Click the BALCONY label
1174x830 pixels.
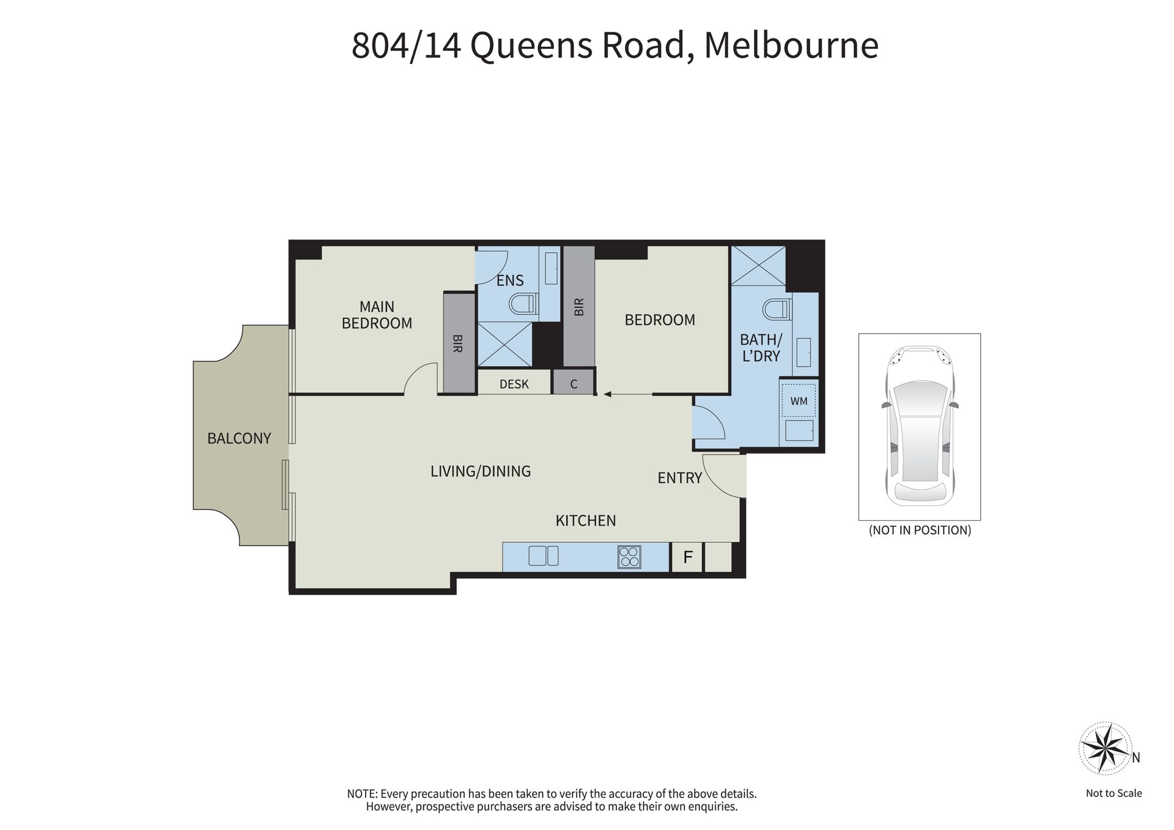(x=238, y=438)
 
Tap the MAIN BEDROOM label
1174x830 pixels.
(x=377, y=315)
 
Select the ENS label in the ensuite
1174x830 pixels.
(x=510, y=281)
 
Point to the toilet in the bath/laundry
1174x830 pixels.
(x=777, y=309)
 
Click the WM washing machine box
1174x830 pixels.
(x=799, y=401)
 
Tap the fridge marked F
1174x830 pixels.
(x=688, y=557)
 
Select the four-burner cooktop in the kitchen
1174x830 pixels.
(x=629, y=557)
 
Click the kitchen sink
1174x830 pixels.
(x=544, y=556)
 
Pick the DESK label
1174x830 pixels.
(x=514, y=384)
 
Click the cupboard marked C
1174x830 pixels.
(x=574, y=384)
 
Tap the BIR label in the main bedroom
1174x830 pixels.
(x=458, y=343)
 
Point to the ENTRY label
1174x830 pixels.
(x=679, y=478)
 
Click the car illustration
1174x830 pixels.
(x=920, y=426)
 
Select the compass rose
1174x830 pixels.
(x=1104, y=747)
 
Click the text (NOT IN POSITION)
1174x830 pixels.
(x=920, y=531)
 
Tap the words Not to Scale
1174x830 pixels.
(x=1114, y=793)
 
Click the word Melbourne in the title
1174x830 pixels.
(x=791, y=45)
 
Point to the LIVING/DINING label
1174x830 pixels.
(x=481, y=471)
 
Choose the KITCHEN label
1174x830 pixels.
(x=586, y=521)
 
